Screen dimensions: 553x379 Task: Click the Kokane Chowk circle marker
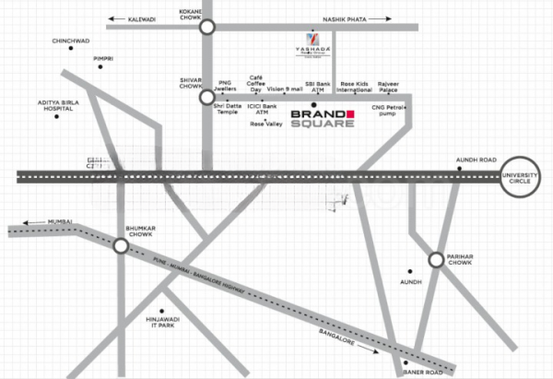(206, 28)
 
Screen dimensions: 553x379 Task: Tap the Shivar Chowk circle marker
(206, 96)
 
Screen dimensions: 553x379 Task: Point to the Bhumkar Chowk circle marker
(121, 245)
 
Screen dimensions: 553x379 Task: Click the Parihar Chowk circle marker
(436, 259)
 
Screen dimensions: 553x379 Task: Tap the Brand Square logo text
(322, 119)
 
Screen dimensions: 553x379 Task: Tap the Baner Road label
(424, 372)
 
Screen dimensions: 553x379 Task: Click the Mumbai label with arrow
(41, 222)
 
